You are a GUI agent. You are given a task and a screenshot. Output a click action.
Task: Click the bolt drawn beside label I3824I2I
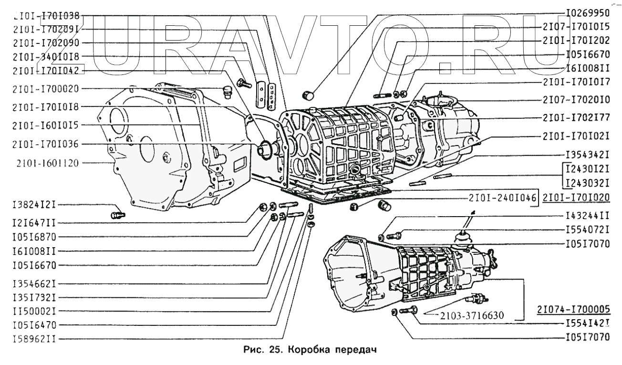click(x=117, y=215)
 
